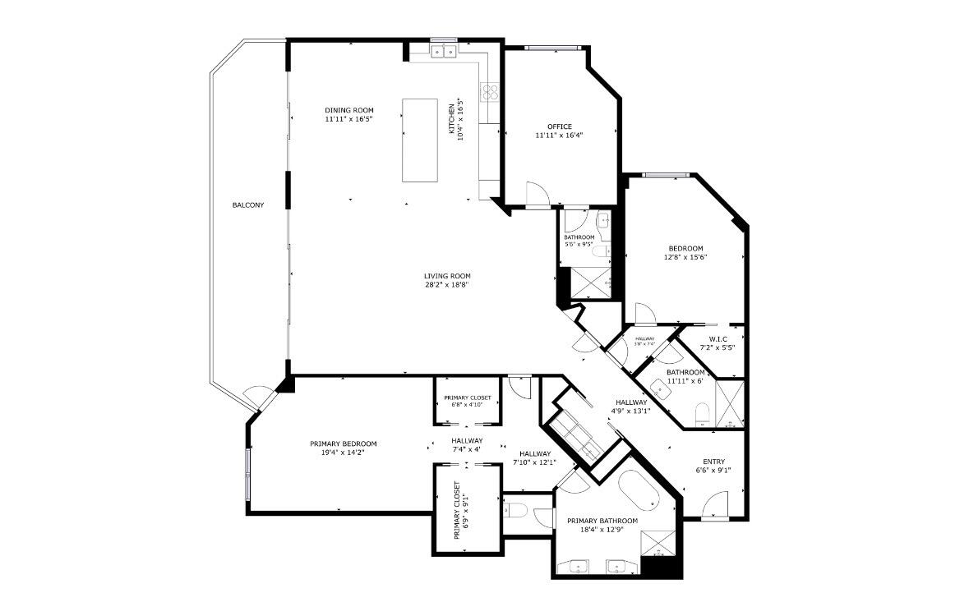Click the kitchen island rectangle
coord(419,140)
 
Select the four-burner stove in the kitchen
coord(491,92)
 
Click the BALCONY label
coord(247,205)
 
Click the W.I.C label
coord(717,338)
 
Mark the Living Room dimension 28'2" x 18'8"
coord(447,285)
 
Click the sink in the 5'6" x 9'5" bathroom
coord(603,220)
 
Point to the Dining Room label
coord(348,110)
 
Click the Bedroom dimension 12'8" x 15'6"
coord(685,257)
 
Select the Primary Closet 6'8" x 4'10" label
coord(468,401)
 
